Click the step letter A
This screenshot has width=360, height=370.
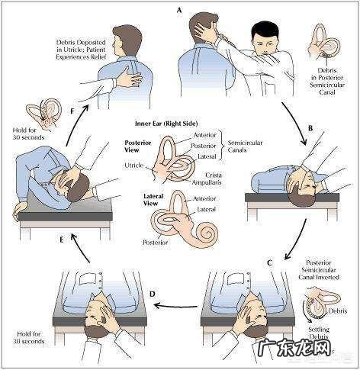180,11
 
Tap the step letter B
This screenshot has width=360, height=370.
310,128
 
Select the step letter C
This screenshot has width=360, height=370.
270,262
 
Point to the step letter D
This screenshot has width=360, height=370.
152,294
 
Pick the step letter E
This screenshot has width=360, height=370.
61,240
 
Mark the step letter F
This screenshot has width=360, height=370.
72,111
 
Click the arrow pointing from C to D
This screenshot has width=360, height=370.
175,305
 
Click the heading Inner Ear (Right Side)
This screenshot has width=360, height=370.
166,124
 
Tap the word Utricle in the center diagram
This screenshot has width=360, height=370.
134,166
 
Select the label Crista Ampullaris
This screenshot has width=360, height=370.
207,179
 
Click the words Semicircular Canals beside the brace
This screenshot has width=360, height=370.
245,146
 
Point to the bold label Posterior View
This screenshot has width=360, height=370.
138,146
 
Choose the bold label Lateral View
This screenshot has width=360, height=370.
153,200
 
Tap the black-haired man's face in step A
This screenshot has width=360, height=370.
263,43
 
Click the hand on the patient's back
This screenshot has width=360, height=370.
128,78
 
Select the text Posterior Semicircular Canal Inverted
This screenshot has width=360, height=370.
319,270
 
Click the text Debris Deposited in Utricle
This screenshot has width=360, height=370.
81,46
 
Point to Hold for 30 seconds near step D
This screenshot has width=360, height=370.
28,337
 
